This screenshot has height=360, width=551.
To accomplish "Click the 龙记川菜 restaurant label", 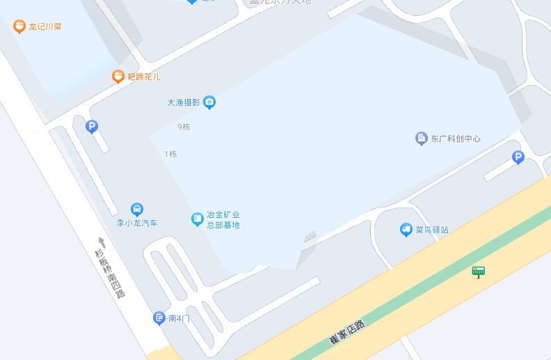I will click(x=45, y=27).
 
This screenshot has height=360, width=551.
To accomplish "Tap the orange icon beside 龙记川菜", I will click(x=19, y=26).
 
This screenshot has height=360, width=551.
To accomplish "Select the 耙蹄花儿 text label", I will click(x=144, y=77).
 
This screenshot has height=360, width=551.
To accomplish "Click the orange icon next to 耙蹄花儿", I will click(x=118, y=77).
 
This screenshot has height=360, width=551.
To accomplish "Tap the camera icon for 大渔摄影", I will click(x=209, y=102).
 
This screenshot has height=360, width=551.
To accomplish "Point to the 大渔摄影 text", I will click(x=184, y=102).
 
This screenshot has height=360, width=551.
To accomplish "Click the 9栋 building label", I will click(x=184, y=127).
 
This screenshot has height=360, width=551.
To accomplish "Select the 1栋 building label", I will click(x=170, y=154).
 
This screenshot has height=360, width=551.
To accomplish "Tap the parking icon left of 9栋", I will click(x=92, y=127).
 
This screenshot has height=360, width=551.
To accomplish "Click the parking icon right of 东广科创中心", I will click(x=518, y=157).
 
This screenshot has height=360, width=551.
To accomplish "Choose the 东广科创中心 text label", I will click(x=456, y=139).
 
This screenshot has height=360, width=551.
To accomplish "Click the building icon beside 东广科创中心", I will click(x=422, y=138).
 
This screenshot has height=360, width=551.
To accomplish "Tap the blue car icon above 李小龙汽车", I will click(x=137, y=209).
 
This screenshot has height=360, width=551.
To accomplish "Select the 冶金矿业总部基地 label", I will click(x=223, y=220).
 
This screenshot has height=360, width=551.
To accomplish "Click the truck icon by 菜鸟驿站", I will click(x=406, y=229).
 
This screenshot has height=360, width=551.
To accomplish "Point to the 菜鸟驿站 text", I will click(x=432, y=230).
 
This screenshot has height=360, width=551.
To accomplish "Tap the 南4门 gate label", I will click(x=179, y=318).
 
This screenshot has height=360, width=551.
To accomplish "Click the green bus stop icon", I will click(x=478, y=272).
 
